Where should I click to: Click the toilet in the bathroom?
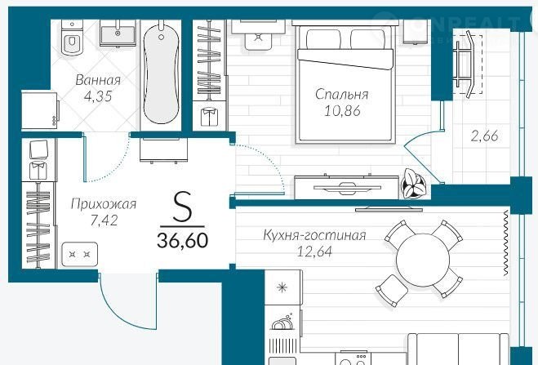coord(72,37)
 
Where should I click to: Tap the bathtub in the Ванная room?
coord(161,72)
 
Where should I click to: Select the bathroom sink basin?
coord(118,33)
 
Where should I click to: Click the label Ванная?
coord(98,80)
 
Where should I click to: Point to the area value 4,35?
coord(98,96)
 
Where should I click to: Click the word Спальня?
coord(342,95)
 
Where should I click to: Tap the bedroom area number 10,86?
coord(342,111)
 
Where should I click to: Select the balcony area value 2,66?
coord(484,136)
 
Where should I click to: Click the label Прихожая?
coord(104,204)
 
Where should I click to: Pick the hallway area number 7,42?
coord(104,220)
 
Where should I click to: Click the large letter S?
coord(182,207)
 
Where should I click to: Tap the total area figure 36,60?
coord(183,240)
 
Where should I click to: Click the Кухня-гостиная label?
coord(314,235)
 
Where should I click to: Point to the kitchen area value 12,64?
coord(314,252)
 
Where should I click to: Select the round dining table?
coord(423,260)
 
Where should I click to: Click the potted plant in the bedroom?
coord(414,184)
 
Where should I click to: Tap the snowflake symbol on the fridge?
coord(282,287)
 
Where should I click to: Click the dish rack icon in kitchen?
coord(282,322)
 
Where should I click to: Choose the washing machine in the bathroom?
coord(40,110)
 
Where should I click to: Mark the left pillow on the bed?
coord(323,39)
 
